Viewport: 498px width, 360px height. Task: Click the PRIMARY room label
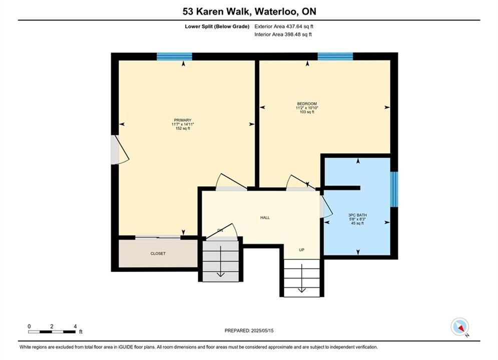click(x=183, y=120)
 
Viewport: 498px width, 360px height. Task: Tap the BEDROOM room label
click(x=307, y=103)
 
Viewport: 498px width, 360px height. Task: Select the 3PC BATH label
click(x=357, y=215)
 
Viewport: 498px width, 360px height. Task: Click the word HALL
click(x=265, y=217)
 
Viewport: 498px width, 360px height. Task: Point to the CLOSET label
click(x=158, y=253)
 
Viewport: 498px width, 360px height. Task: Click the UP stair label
click(x=302, y=250)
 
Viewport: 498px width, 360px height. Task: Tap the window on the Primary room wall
click(x=174, y=56)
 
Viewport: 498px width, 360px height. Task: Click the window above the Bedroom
click(x=335, y=56)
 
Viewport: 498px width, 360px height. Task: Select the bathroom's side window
click(x=394, y=189)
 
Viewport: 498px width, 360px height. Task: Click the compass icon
click(x=459, y=326)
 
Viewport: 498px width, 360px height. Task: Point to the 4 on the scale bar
click(x=75, y=326)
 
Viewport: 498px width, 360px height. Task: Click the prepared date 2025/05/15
click(x=262, y=330)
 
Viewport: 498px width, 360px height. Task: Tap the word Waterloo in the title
click(x=276, y=11)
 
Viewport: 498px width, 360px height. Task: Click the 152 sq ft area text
click(x=183, y=128)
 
